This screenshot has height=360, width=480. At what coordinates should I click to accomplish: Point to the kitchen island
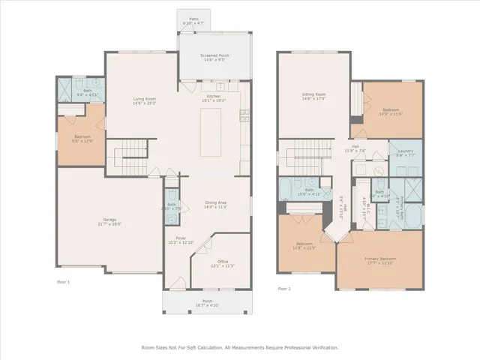pos(211,132)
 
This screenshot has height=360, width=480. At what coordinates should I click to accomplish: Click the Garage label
pos(109,221)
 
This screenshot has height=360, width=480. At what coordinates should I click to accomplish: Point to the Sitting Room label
pos(313,96)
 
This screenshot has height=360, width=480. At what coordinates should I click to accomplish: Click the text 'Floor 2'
pos(283,288)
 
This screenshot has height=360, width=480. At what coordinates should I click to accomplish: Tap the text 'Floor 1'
pos(63,282)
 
